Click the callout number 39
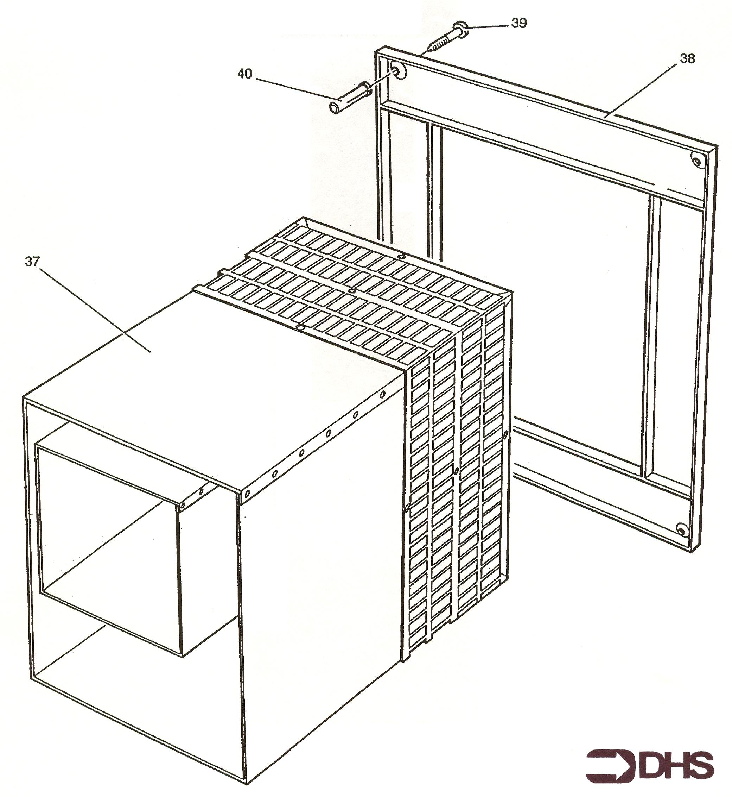(x=519, y=23)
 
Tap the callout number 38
(x=687, y=59)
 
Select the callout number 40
(x=245, y=73)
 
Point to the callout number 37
(x=32, y=261)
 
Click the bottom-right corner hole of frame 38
(x=682, y=529)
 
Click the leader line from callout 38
(x=642, y=90)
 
